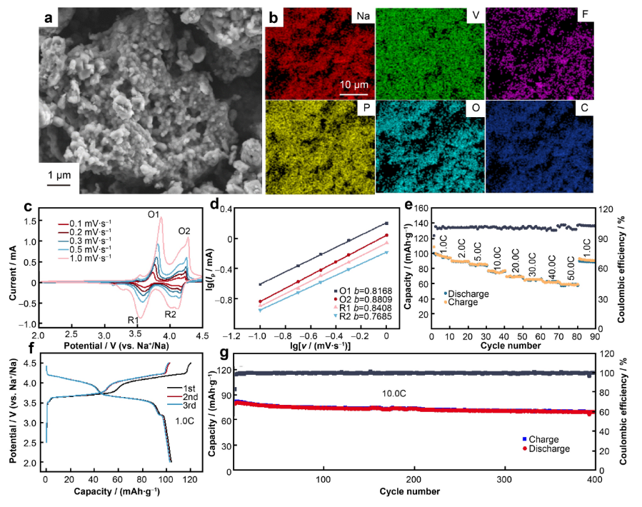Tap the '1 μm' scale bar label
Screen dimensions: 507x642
(x=59, y=176)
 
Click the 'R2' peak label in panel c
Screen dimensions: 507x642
(x=171, y=313)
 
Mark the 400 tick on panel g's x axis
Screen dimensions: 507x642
(x=593, y=479)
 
